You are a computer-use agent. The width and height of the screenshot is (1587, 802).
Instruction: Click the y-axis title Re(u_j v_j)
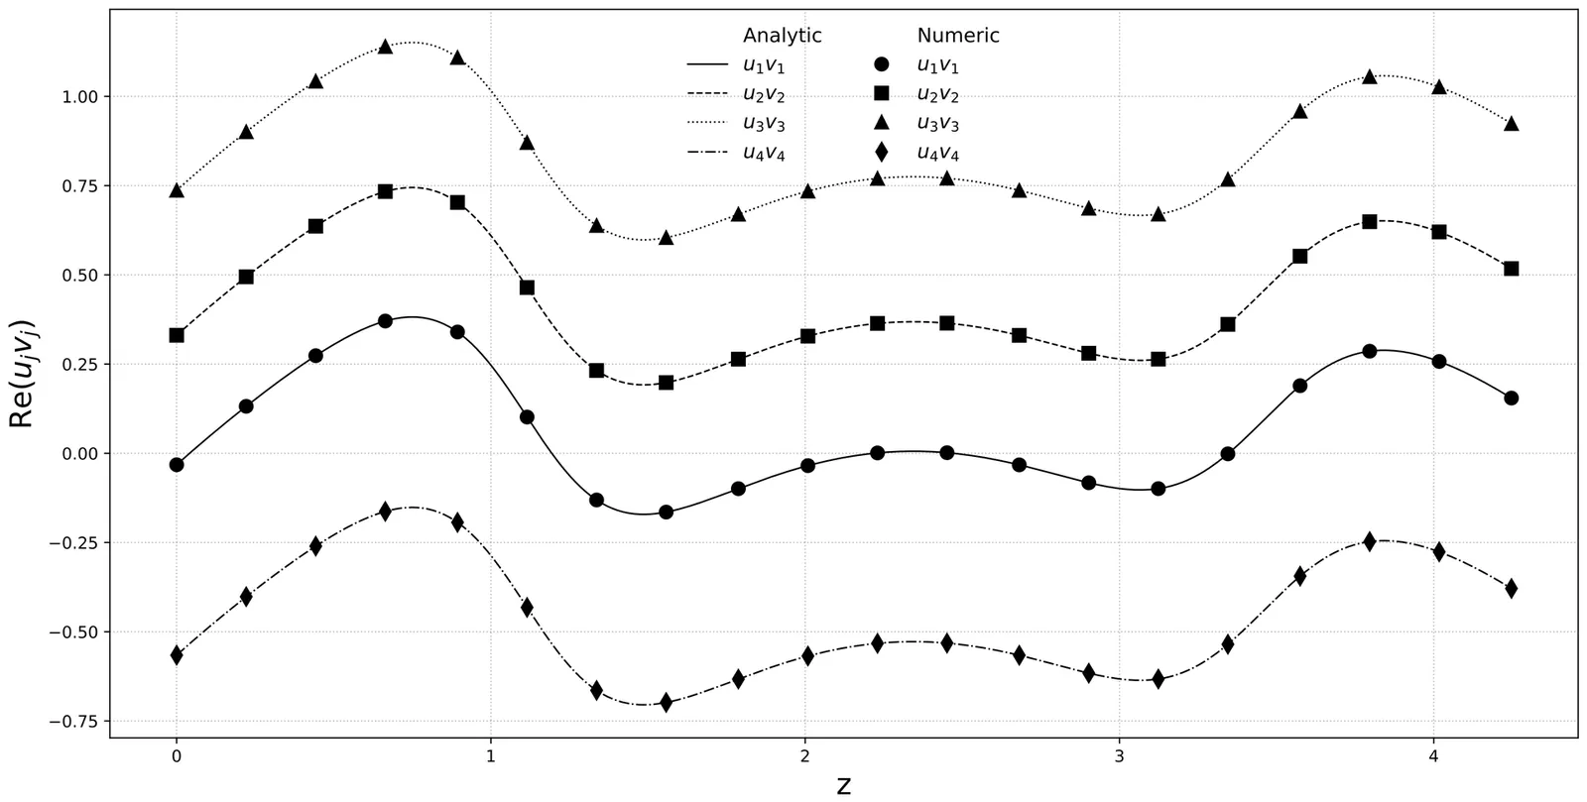22,374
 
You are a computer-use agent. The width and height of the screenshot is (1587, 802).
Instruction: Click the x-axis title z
843,786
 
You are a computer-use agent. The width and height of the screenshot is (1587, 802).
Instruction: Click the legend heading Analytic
783,36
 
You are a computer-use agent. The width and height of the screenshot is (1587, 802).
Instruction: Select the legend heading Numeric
958,36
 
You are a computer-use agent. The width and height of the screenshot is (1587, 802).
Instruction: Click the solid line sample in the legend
707,65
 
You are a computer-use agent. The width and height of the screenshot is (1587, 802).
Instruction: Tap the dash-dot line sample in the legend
707,153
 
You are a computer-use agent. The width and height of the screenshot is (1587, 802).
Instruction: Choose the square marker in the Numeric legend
882,94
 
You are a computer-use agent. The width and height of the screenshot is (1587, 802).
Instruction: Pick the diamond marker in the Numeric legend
882,153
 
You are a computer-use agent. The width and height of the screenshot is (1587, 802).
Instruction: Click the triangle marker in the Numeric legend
882,123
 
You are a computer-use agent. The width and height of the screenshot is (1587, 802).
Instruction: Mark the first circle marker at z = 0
177,464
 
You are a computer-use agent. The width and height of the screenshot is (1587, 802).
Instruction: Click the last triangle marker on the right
1511,124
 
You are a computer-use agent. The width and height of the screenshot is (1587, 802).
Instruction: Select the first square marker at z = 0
177,335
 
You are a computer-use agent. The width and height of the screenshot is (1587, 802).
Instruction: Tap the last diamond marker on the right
1511,588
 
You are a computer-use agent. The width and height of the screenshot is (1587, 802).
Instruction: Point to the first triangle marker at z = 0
177,190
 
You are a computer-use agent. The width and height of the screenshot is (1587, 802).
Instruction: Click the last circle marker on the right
1511,398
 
